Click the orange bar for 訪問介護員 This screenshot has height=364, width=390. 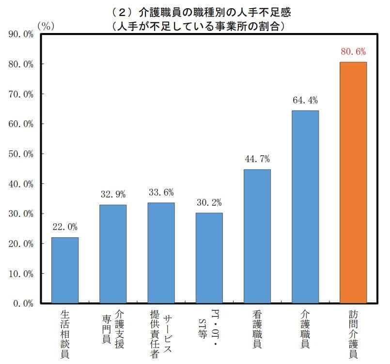353,182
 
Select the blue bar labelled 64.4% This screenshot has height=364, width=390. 305,206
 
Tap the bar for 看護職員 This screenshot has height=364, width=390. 257,236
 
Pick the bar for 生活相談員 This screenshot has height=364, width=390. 65,270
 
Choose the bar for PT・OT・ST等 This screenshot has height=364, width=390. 209,258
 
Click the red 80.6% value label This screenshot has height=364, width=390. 353,52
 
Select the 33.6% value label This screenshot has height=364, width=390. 161,193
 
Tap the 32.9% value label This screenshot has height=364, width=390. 113,195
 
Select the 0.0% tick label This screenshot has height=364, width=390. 22,304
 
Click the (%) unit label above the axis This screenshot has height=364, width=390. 45,26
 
